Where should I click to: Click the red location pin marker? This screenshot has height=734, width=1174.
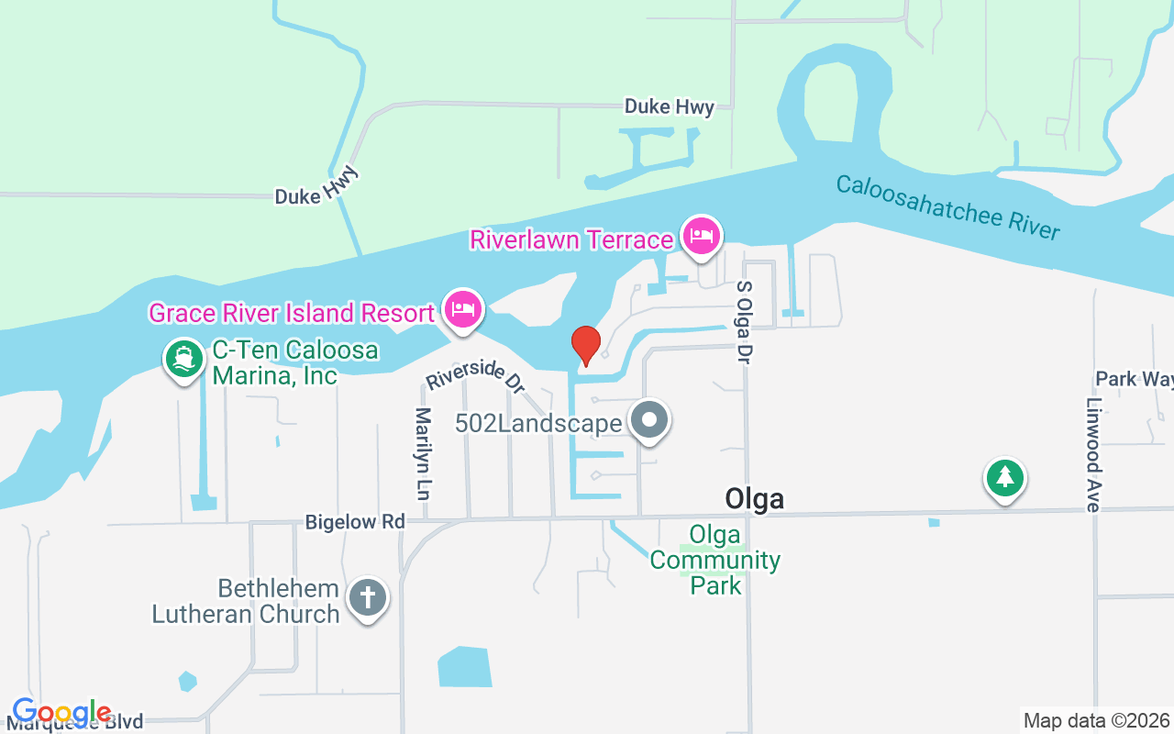coord(586,345)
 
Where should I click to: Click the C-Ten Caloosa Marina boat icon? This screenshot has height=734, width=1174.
coord(184,359)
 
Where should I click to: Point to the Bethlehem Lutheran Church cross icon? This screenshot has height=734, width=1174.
coord(368,598)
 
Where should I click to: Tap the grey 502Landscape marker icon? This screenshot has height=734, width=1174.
coord(650,420)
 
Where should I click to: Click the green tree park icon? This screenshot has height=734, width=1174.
coord(1005,477)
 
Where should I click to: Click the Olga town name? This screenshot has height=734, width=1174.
coord(754,498)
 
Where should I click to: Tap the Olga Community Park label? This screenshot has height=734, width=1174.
coord(715,559)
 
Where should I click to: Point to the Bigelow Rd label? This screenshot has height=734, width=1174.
coord(355,522)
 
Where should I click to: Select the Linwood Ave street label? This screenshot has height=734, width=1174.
coord(1092,455)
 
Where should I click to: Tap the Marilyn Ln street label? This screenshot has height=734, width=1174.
coord(423,453)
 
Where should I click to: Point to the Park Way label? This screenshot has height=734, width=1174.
coord(1134,379)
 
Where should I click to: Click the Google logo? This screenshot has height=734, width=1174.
coord(61,712)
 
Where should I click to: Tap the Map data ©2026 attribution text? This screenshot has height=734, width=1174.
coord(1096,720)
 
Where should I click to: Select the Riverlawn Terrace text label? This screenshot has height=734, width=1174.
coord(571,239)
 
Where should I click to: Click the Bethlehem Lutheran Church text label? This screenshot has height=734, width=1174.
coord(247,601)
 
